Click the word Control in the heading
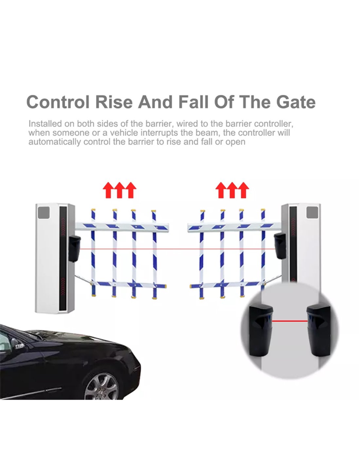[x=58, y=102]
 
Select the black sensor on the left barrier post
[x=74, y=249]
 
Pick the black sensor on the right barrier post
[x=280, y=246]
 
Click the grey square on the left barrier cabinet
[x=44, y=213]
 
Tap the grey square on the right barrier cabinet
[x=312, y=212]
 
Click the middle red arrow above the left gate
[x=119, y=190]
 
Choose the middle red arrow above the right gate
[x=232, y=190]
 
